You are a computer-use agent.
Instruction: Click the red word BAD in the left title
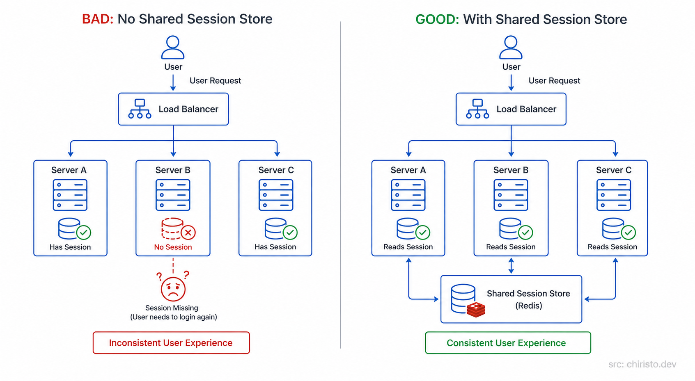(97, 19)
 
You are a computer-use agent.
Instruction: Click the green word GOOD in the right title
(437, 19)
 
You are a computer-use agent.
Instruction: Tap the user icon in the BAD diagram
(173, 47)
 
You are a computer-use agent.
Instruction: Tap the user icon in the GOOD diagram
(511, 47)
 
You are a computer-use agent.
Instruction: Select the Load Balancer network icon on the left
(140, 109)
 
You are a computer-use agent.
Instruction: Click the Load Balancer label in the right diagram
(526, 109)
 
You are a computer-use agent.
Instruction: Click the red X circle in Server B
(188, 233)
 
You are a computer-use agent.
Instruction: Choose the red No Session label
(173, 247)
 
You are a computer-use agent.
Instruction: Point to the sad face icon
(173, 289)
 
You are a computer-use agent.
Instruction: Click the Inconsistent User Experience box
(171, 343)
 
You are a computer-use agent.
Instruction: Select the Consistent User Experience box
(508, 343)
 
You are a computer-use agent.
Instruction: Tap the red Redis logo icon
(476, 310)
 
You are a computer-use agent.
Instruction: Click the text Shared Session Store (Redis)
(528, 299)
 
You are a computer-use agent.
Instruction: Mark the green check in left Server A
(84, 233)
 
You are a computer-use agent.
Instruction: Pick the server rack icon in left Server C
(276, 195)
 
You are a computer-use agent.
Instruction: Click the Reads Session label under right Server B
(511, 247)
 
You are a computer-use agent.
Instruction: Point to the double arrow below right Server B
(511, 265)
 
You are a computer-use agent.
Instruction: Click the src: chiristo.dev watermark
(642, 364)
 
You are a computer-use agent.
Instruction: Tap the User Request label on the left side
(215, 81)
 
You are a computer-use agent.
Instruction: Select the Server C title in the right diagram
(613, 170)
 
